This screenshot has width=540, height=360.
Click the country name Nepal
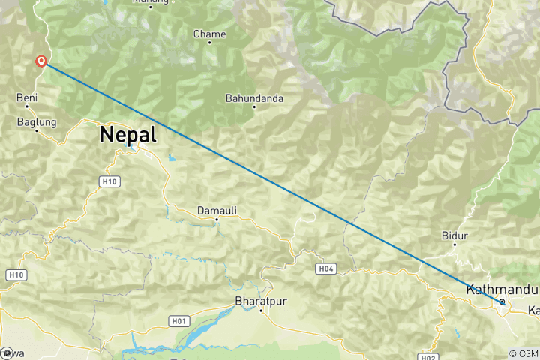point(128,135)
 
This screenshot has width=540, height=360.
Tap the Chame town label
point(209,34)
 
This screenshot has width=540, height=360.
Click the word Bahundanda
point(254,97)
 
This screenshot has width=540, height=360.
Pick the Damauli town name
point(217,211)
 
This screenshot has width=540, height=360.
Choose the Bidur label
point(455,235)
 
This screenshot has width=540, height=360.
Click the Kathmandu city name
point(502,289)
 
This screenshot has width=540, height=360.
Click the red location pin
point(42,61)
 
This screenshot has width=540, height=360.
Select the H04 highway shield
point(325,268)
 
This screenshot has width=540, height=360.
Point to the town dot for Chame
point(209,43)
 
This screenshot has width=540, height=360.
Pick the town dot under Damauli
point(216,220)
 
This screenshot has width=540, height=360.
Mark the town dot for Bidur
point(455,244)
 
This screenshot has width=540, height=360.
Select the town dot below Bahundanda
point(254,106)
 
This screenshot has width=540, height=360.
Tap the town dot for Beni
point(26,106)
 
